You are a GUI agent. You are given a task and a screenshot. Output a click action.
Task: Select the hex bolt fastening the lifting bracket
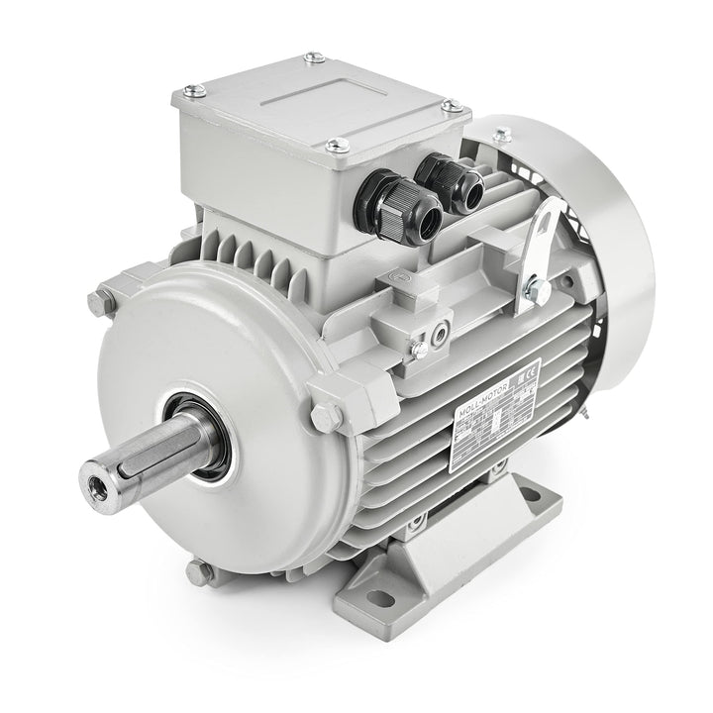tap(536, 288)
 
